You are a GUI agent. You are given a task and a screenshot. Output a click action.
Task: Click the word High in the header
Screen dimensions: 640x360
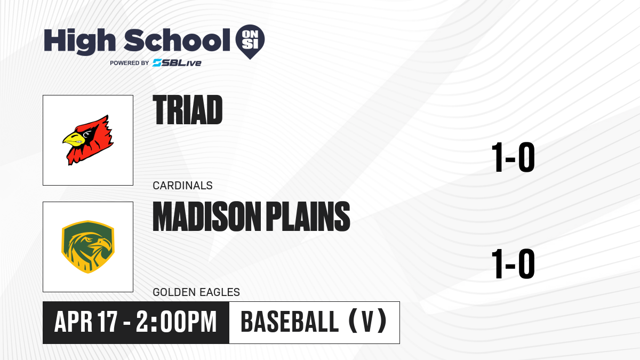[x=80, y=42]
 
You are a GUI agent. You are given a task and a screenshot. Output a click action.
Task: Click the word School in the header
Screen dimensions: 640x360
[x=177, y=40]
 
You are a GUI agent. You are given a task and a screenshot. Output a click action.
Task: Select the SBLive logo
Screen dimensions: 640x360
[x=177, y=63]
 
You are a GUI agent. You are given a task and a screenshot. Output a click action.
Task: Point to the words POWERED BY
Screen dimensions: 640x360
[x=130, y=63]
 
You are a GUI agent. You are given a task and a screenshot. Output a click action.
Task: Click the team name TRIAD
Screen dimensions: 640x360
[x=187, y=110]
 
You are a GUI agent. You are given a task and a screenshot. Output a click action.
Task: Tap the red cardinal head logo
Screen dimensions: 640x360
[x=88, y=140]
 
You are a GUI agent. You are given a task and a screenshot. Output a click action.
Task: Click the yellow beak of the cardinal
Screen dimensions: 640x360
[x=74, y=139]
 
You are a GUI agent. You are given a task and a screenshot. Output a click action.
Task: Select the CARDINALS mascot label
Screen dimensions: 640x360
[x=182, y=186]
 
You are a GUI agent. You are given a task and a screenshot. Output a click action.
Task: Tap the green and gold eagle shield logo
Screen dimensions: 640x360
[x=88, y=247]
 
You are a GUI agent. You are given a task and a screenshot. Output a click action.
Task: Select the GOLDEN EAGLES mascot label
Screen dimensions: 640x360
[x=196, y=292]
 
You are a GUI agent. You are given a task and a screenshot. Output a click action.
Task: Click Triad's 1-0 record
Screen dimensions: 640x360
[x=513, y=157]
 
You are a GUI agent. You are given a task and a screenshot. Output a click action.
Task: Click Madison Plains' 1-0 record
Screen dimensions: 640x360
[x=513, y=263]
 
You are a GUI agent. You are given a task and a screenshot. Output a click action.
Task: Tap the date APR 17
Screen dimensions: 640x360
[x=86, y=322]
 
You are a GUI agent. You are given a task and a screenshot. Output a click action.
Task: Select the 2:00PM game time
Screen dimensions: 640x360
[x=177, y=322]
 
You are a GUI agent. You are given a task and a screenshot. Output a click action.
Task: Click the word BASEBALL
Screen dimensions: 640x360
[x=290, y=322]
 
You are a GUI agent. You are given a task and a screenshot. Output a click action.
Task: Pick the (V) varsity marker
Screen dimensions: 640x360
[x=368, y=322]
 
